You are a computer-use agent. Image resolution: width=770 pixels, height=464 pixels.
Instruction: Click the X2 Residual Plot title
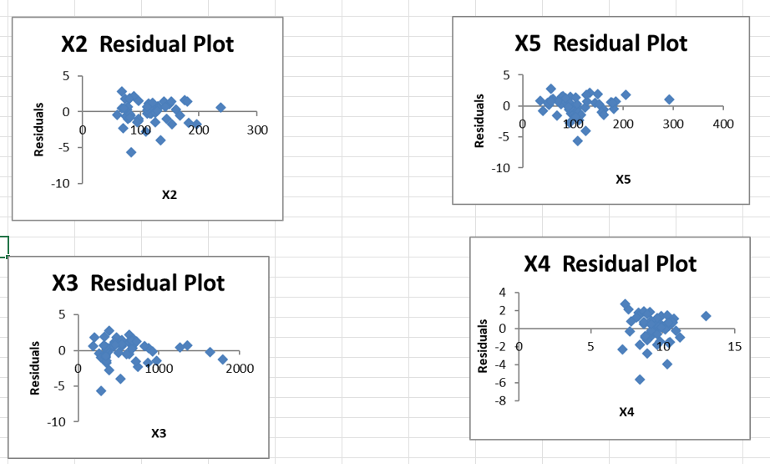(x=148, y=44)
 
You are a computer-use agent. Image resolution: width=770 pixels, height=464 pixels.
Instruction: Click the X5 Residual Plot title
(x=601, y=43)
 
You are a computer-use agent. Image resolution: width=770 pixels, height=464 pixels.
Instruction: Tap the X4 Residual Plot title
(x=610, y=264)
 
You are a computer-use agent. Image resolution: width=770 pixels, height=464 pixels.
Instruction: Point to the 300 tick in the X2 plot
(x=257, y=130)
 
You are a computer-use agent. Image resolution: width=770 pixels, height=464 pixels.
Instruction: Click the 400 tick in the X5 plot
(x=723, y=125)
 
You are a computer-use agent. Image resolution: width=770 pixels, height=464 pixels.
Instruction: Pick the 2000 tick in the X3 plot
(x=240, y=369)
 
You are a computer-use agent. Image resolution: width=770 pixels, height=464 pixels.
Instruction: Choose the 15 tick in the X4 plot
(x=734, y=346)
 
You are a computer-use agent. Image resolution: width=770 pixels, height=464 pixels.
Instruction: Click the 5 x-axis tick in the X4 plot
(x=590, y=346)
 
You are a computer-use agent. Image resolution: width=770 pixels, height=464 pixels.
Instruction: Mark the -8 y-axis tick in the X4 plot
(x=503, y=400)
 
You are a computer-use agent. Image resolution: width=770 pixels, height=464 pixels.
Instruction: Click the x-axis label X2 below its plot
(x=170, y=195)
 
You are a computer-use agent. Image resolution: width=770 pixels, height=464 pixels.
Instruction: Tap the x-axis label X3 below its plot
(x=159, y=433)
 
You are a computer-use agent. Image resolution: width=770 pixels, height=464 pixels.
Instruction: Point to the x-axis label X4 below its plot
(x=626, y=412)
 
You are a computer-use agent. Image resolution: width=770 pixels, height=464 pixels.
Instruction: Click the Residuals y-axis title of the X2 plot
(x=38, y=130)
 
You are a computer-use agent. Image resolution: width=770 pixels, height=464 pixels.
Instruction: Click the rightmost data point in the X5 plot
(x=669, y=99)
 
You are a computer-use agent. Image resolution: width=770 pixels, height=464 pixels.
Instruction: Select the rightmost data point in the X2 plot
(x=220, y=107)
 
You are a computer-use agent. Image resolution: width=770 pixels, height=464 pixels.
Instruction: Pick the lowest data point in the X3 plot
(x=101, y=390)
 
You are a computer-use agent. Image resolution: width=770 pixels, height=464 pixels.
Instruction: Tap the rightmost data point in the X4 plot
(x=706, y=316)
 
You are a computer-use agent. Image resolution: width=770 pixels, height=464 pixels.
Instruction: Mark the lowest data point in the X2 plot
(x=131, y=152)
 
